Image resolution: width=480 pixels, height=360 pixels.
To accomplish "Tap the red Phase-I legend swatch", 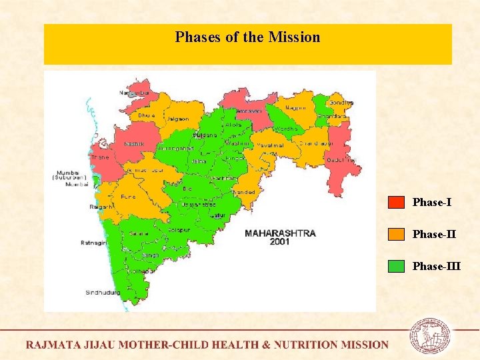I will [x=397, y=202].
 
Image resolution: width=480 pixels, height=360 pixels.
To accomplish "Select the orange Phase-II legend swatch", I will [x=397, y=234].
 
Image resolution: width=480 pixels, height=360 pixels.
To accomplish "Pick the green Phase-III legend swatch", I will [x=397, y=266].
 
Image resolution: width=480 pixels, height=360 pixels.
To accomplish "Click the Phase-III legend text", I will [x=436, y=266].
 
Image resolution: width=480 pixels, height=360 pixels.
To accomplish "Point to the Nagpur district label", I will [x=296, y=108].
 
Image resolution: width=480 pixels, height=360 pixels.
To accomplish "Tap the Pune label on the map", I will [x=128, y=197].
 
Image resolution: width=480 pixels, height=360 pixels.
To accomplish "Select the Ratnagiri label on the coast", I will [x=95, y=243].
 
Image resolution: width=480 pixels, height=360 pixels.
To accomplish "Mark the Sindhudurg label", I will [x=103, y=293].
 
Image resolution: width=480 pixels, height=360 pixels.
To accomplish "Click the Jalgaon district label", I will [x=178, y=119].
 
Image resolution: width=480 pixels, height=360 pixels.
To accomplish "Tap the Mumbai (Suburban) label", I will [x=71, y=175].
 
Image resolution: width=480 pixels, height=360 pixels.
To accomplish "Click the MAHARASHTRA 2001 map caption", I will [x=280, y=238].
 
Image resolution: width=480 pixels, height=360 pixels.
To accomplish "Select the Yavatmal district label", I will [x=271, y=144].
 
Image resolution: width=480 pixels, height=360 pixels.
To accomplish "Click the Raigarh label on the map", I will [x=102, y=207].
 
